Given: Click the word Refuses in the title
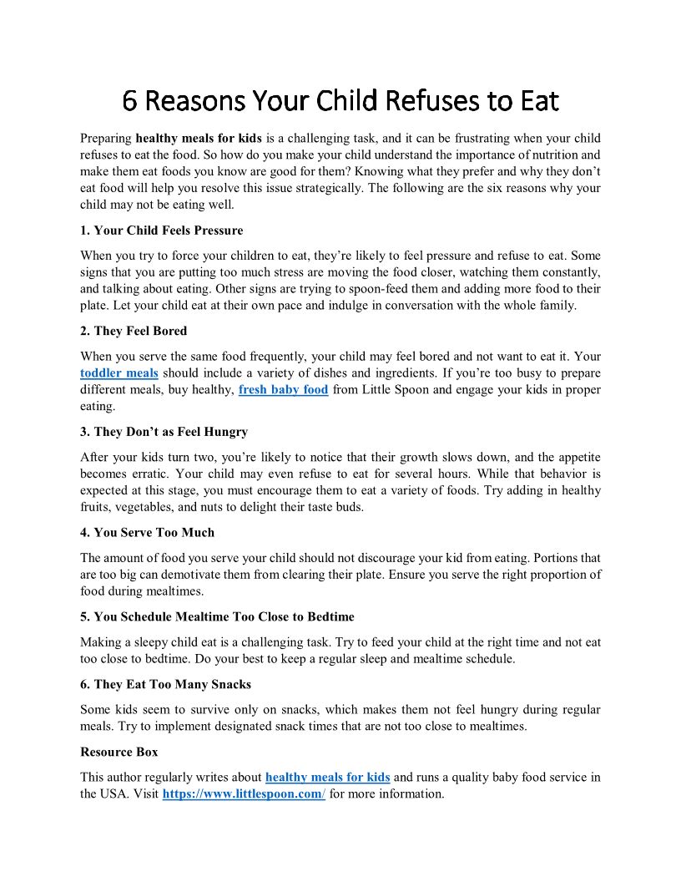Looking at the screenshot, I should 421,101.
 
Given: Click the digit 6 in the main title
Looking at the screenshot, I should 129,101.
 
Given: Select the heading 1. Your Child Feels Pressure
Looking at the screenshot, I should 162,230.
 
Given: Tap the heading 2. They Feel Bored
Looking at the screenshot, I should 134,331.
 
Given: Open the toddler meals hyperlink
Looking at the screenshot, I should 119,373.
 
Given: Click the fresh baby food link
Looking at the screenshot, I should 283,389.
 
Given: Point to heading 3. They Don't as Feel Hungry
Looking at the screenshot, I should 164,432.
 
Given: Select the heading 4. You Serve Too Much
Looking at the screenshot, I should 148,532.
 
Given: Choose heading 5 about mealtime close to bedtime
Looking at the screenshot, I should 217,616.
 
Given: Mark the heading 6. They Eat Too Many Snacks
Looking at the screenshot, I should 165,684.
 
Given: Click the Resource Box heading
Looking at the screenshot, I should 119,752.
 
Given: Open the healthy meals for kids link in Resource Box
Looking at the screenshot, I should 327,777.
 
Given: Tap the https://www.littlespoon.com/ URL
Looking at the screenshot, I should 244,793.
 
